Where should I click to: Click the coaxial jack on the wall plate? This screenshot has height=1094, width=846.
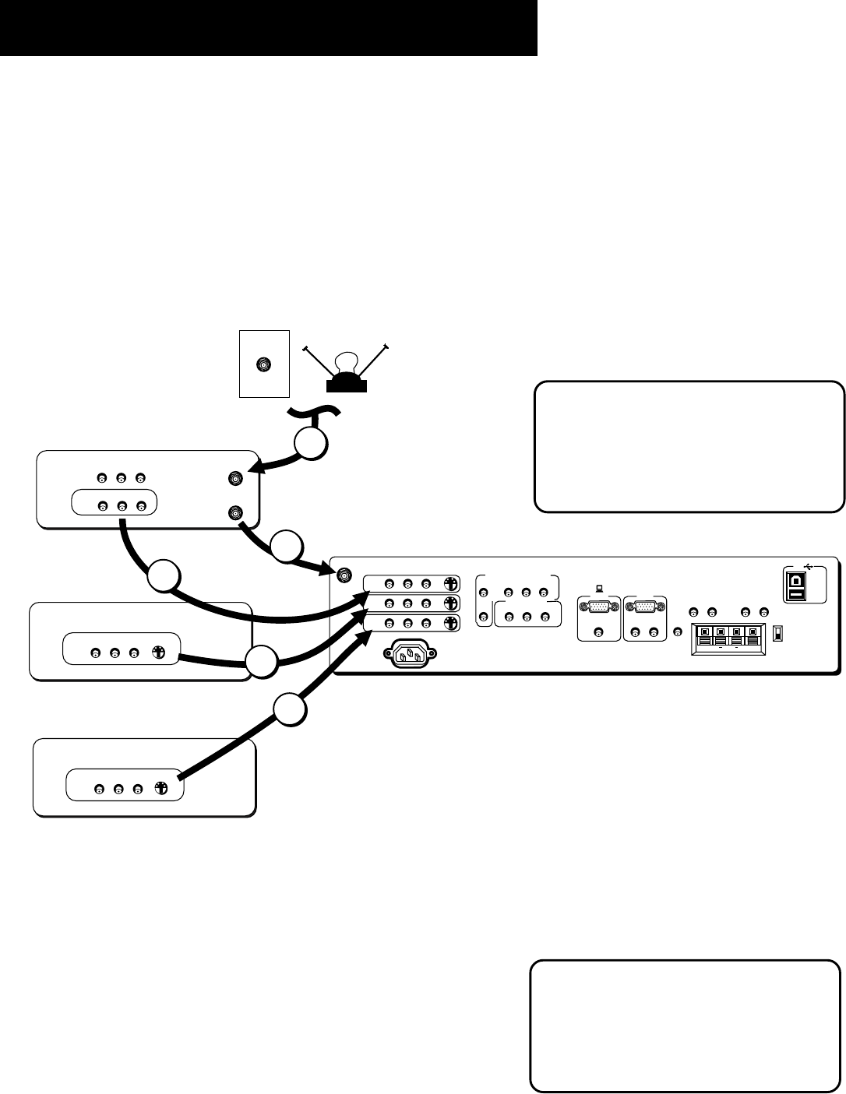coord(264,364)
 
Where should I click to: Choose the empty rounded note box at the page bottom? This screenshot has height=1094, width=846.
coord(686,1025)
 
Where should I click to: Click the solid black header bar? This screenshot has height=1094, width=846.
coord(269,27)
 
